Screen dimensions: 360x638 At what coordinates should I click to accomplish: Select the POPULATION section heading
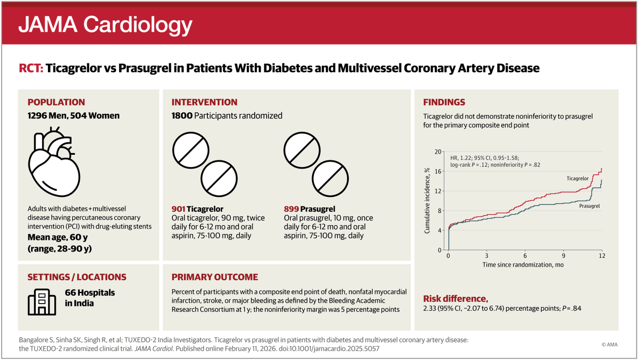[x=56, y=103]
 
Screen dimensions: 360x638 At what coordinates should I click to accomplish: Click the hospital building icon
[x=41, y=299]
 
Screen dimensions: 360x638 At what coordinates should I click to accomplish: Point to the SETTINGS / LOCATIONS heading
[x=77, y=277]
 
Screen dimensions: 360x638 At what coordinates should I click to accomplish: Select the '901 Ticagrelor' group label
[x=197, y=209]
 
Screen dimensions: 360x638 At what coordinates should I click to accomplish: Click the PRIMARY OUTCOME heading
[x=214, y=277]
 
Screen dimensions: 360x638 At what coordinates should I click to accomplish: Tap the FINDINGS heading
[x=444, y=103]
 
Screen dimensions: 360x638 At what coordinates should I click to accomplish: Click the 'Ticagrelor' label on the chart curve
[x=574, y=179]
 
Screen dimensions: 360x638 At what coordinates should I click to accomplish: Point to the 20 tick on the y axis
[x=439, y=152]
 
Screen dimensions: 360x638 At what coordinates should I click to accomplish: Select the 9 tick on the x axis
[x=564, y=256]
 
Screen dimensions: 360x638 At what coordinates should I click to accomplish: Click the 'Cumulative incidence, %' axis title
[x=427, y=200]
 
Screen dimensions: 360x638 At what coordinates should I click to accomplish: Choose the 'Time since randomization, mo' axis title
[x=523, y=264]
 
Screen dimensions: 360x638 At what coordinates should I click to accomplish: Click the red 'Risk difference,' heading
[x=455, y=299]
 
